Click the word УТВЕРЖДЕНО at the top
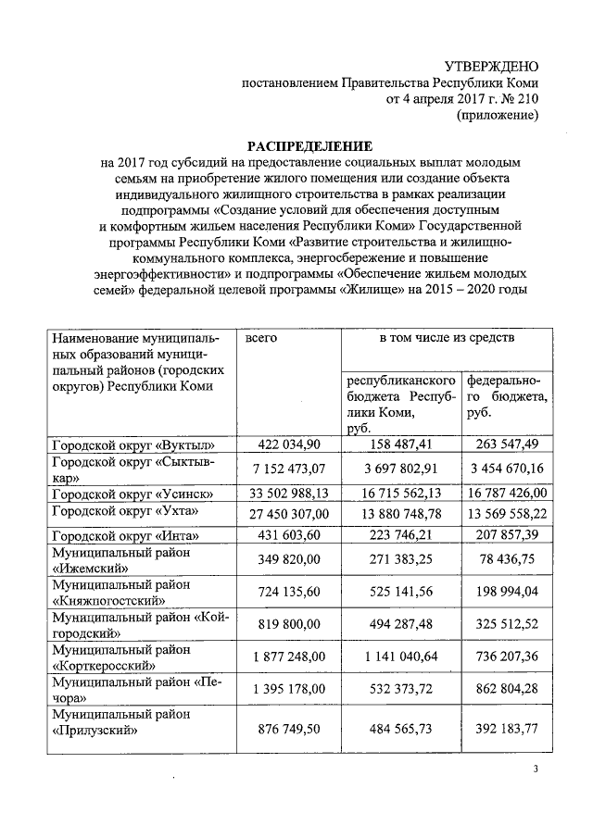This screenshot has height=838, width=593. (x=491, y=66)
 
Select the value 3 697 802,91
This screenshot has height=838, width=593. (x=403, y=469)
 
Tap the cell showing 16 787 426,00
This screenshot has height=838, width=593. (x=506, y=494)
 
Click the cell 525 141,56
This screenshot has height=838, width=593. (x=403, y=597)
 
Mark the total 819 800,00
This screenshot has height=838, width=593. (x=287, y=625)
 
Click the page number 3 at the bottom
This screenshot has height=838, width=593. (x=536, y=770)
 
